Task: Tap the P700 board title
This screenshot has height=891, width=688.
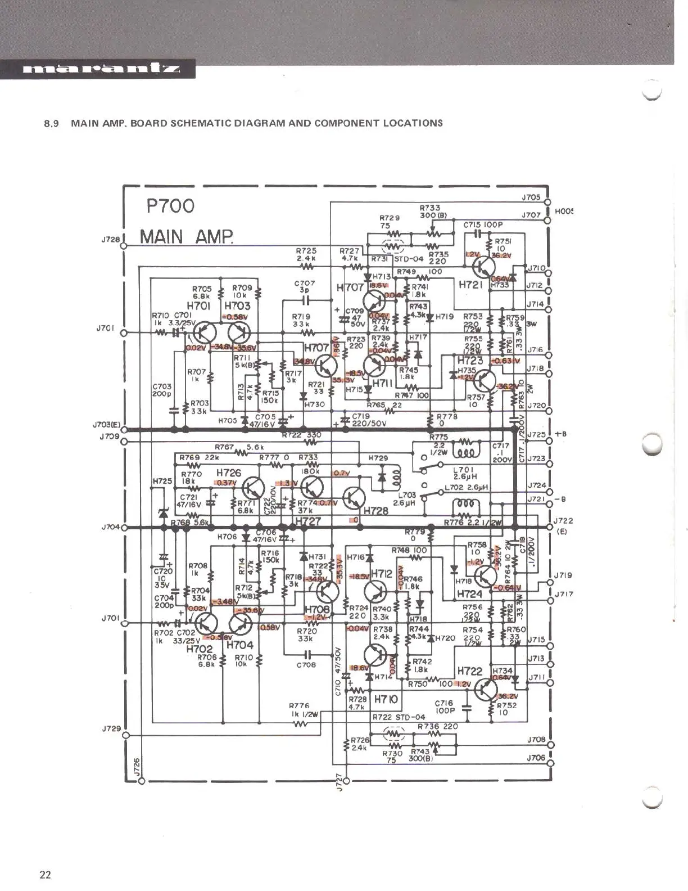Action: tap(171, 206)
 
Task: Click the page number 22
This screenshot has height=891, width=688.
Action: tap(45, 874)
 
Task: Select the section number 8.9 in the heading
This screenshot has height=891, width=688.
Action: tap(52, 123)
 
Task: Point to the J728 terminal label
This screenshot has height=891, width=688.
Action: tap(111, 239)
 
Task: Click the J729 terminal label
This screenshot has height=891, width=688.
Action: tap(111, 728)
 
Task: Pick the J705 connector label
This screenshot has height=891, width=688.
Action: tap(531, 197)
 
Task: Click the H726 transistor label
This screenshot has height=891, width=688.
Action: tap(228, 474)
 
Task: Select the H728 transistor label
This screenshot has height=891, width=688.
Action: tap(376, 511)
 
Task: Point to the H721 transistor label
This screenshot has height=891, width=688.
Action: tap(470, 285)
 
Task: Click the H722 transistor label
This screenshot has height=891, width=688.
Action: tap(469, 671)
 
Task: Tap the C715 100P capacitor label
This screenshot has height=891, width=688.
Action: tap(483, 225)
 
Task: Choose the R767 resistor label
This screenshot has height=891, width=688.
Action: tap(224, 447)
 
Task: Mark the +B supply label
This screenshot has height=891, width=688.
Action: tap(560, 434)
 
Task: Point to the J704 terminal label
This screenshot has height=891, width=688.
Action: tap(111, 527)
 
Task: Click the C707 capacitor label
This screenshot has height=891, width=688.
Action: tap(306, 283)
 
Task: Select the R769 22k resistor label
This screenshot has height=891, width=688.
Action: tap(199, 458)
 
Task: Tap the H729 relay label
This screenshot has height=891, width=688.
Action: tap(378, 458)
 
